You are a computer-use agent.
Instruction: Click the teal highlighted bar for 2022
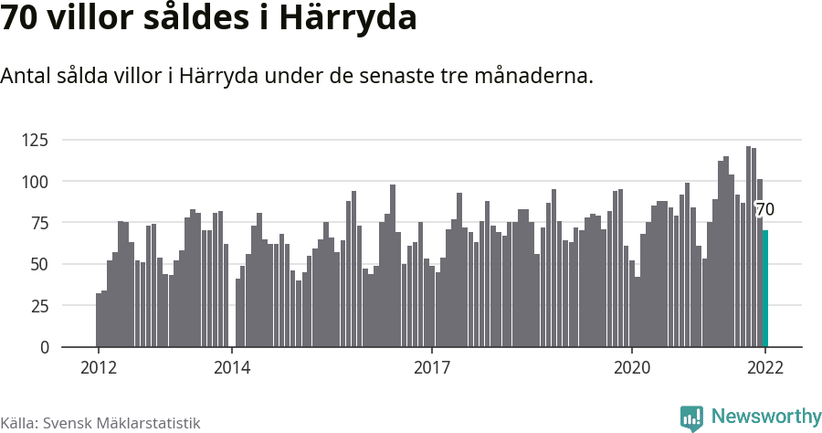coord(765,289)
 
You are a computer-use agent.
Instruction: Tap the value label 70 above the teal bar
coord(765,210)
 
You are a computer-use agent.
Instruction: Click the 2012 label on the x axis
coord(98,368)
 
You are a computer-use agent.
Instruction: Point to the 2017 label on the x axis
coord(431,368)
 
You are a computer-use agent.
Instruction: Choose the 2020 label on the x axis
coord(631,368)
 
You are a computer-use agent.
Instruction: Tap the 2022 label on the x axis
coord(765,368)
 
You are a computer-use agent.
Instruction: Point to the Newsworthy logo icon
coord(691,417)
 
